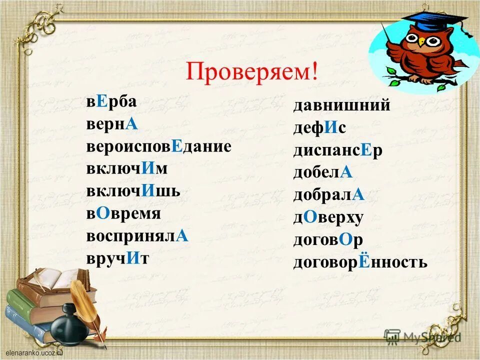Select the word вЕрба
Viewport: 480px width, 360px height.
pos(111,102)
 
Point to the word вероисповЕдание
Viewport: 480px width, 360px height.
pos(158,146)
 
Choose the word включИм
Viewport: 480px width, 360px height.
pos(126,169)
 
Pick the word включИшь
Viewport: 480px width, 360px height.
pos(133,191)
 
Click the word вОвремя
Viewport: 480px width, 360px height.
pos(123,213)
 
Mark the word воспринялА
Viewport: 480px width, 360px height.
pos(137,236)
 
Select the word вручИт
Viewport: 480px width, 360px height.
pos(117,258)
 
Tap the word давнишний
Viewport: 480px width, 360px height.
pos(341,105)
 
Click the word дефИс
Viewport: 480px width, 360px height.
pos(319,128)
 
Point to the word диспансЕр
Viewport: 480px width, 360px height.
pos(338,150)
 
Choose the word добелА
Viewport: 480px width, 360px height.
pos(323,172)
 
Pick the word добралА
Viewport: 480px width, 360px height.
pos(329,195)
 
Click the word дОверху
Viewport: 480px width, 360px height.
pos(328,217)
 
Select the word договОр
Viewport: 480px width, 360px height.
pos(328,239)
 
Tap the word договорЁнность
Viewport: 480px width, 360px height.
pos(360,261)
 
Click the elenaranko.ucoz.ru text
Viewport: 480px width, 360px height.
pos(33,351)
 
